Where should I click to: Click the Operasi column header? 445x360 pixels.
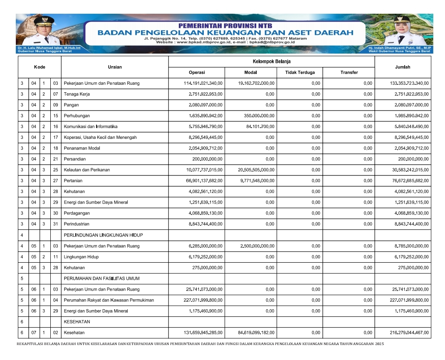coord(197,72)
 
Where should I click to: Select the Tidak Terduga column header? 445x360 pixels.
coord(300,72)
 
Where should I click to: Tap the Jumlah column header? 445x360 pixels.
coord(403,67)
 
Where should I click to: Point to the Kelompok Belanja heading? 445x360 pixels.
coord(272,62)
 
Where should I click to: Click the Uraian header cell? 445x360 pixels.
coord(115,67)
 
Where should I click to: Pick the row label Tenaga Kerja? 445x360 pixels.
coord(77,94)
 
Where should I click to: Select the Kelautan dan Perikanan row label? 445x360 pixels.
coord(87,170)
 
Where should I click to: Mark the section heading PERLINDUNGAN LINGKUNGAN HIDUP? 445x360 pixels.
coord(103,235)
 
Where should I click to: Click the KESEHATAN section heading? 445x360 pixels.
coord(77,322)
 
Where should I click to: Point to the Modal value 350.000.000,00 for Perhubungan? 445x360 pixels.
coord(259,116)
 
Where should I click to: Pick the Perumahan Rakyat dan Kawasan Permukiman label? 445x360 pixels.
coord(109,300)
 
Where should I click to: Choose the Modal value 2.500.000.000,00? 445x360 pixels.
coord(257,246)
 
